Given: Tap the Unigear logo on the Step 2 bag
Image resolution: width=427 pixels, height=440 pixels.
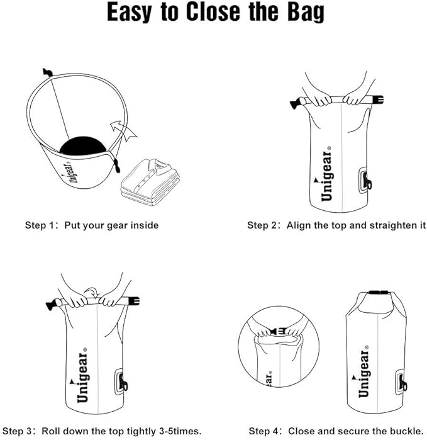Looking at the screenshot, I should pos(326,176).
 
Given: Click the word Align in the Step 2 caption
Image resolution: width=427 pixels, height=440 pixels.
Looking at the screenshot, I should pos(299,225).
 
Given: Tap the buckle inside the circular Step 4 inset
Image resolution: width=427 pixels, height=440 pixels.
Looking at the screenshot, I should pos(279,330).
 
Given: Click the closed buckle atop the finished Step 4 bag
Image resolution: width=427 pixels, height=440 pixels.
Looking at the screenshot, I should pos(377,293).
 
